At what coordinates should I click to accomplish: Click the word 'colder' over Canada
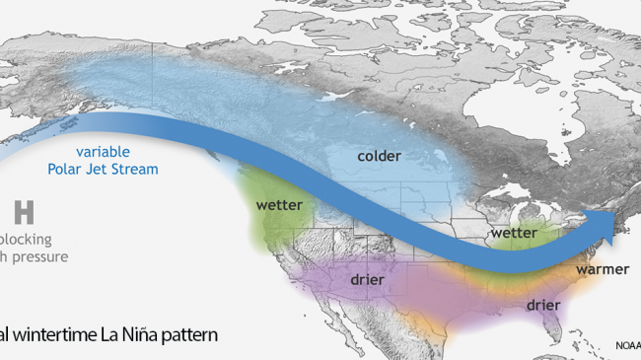pyautogui.click(x=379, y=156)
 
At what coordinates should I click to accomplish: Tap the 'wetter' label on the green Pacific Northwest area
pyautogui.click(x=279, y=206)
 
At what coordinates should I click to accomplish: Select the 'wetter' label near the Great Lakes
pyautogui.click(x=512, y=233)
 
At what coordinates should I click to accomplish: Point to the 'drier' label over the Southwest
pyautogui.click(x=366, y=280)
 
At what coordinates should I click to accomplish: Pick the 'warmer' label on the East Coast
pyautogui.click(x=602, y=267)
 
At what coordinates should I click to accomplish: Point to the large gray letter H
pyautogui.click(x=25, y=213)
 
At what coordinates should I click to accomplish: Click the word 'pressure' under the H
pyautogui.click(x=39, y=257)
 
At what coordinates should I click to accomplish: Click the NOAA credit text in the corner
pyautogui.click(x=625, y=346)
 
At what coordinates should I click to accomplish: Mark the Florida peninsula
pyautogui.click(x=563, y=330)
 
